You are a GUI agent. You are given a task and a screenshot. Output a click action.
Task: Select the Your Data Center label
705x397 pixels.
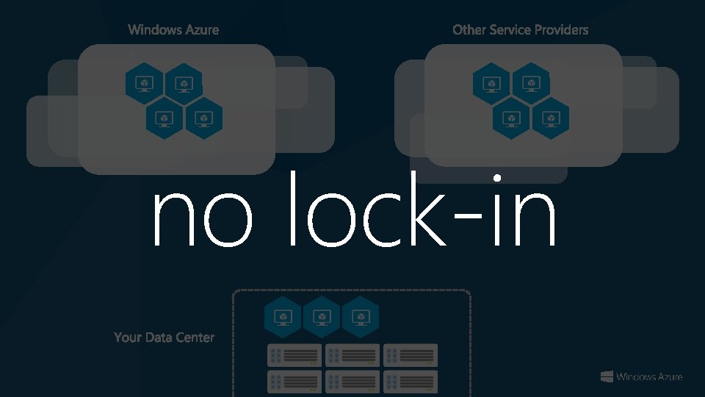click(x=164, y=337)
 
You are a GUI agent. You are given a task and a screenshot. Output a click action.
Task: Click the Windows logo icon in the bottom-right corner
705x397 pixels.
click(x=607, y=376)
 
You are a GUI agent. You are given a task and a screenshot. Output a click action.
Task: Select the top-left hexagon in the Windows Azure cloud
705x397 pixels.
click(x=145, y=83)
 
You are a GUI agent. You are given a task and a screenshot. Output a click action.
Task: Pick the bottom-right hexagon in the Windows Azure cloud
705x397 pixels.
click(x=203, y=118)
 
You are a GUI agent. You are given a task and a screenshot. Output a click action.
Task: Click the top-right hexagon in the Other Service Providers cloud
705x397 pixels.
click(x=531, y=83)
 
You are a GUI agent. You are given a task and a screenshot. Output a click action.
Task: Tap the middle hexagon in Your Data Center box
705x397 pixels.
click(x=322, y=317)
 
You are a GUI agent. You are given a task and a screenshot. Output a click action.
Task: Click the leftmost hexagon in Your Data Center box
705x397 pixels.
click(x=283, y=317)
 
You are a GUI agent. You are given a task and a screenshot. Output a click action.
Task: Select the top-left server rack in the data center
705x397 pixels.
click(x=294, y=355)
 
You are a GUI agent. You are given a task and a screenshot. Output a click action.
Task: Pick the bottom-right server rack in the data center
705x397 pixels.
click(x=411, y=381)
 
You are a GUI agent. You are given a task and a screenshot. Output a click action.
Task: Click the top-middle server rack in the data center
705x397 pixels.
click(x=352, y=355)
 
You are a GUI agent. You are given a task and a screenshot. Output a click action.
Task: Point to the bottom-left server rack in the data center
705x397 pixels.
click(x=294, y=381)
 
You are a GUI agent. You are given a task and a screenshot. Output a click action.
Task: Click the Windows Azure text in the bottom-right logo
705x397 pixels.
click(x=649, y=377)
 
